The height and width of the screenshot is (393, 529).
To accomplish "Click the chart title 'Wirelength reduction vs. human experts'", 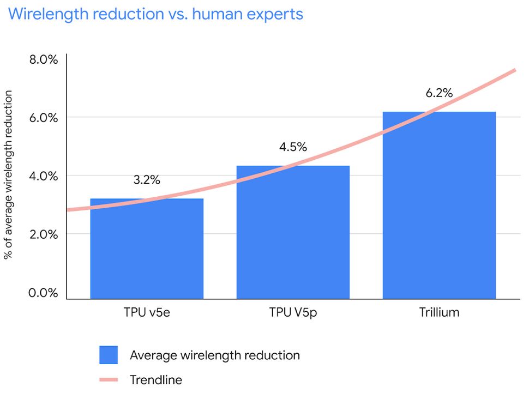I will (155, 14).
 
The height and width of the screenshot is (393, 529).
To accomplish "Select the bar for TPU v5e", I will (147, 251).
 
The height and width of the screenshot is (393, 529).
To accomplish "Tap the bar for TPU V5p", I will (293, 234).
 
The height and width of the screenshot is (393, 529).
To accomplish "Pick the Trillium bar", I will (439, 207).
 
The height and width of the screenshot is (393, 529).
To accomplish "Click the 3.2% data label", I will (147, 180).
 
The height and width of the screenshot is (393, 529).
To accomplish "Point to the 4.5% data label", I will (293, 147).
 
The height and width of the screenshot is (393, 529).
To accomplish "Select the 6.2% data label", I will (439, 93).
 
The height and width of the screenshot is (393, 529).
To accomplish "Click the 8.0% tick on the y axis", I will (43, 59).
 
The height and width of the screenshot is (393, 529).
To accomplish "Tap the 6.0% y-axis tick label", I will (43, 118).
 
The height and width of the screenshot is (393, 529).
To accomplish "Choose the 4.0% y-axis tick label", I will (43, 176).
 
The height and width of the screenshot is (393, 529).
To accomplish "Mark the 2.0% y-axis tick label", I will (43, 234).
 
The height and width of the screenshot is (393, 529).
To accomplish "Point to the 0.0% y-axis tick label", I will (43, 293).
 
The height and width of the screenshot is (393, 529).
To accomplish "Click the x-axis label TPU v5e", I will (147, 313).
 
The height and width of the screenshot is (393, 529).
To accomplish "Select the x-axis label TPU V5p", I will (293, 313).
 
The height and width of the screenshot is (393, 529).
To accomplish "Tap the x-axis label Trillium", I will (439, 313).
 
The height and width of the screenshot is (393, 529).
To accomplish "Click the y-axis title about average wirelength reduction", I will (9, 176).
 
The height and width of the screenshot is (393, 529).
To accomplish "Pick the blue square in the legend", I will (109, 355).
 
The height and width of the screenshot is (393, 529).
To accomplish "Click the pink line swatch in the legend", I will (109, 380).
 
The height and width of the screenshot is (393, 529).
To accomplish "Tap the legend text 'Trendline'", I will (156, 380).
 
